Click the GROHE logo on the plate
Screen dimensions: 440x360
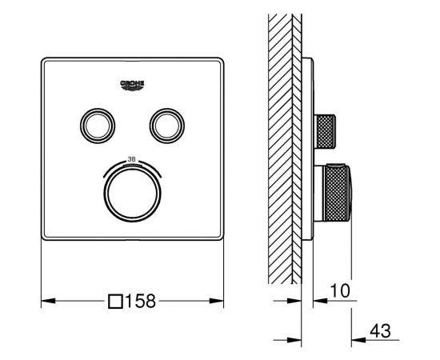132,86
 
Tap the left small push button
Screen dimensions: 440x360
98,126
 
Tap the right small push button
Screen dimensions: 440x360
167,126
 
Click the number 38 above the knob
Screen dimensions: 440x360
131,159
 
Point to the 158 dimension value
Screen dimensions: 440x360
140,301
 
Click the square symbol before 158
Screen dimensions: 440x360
116,302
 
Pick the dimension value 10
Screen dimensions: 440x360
340,290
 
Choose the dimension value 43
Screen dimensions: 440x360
380,331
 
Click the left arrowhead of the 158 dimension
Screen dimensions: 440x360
48,301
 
